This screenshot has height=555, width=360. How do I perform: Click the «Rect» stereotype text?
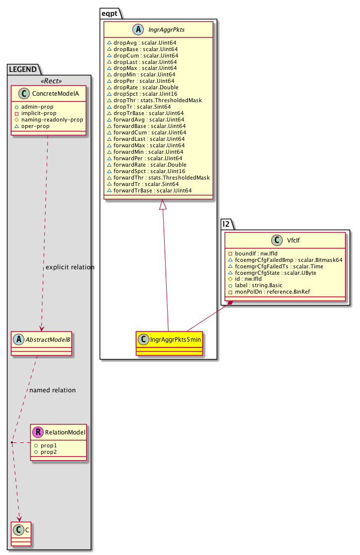tap(49, 81)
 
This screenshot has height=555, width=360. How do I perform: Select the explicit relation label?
tap(70, 267)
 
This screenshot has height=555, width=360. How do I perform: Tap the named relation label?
tap(53, 390)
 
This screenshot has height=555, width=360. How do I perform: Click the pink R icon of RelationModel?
tap(38, 432)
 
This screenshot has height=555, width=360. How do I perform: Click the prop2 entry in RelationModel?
tap(49, 452)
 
